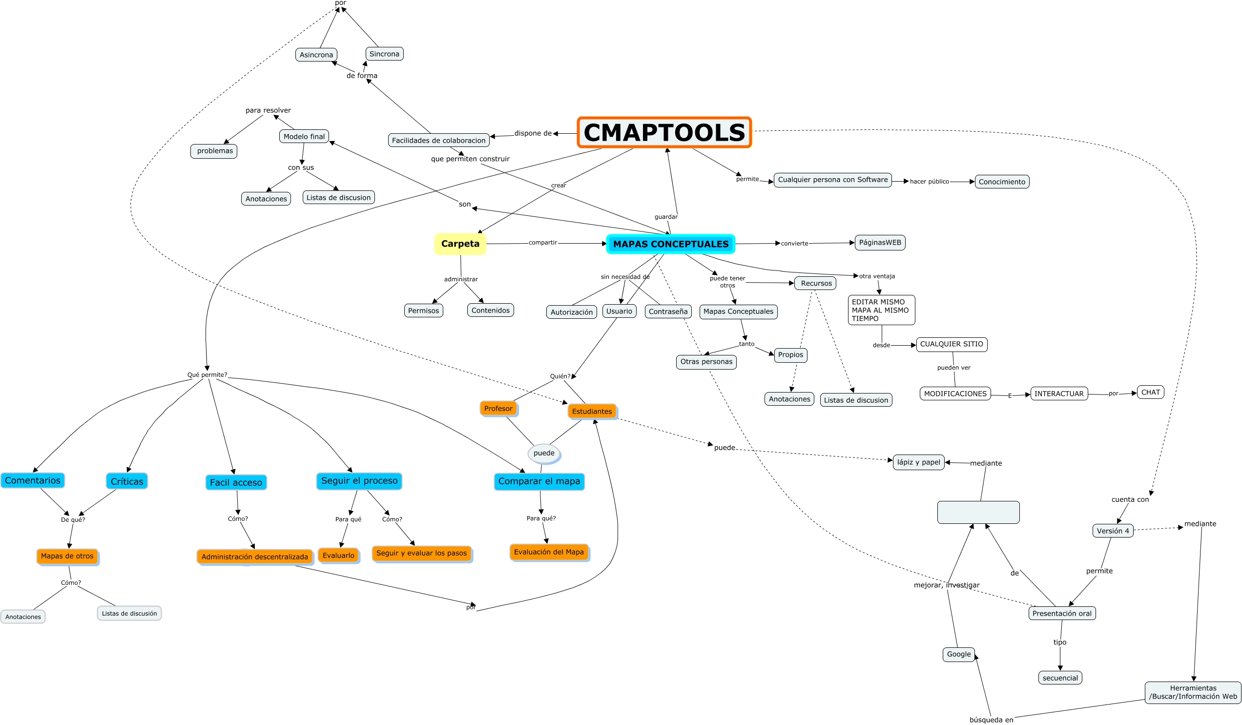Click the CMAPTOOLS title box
point(664,133)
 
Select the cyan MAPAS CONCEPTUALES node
point(670,244)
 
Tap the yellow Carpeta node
point(460,244)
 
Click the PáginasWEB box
point(880,243)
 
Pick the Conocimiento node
point(1001,182)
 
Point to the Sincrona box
point(384,54)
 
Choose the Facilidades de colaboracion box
point(438,141)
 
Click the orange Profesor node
point(498,409)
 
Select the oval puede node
point(544,453)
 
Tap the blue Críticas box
point(126,481)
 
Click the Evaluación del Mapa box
point(549,552)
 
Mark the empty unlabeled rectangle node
point(978,513)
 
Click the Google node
point(958,654)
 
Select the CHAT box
point(1150,393)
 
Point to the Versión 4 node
point(1112,531)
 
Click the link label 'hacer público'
point(929,182)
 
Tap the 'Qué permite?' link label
point(207,374)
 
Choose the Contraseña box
point(668,311)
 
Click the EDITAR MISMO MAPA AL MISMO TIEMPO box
point(881,310)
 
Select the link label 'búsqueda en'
point(991,720)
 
